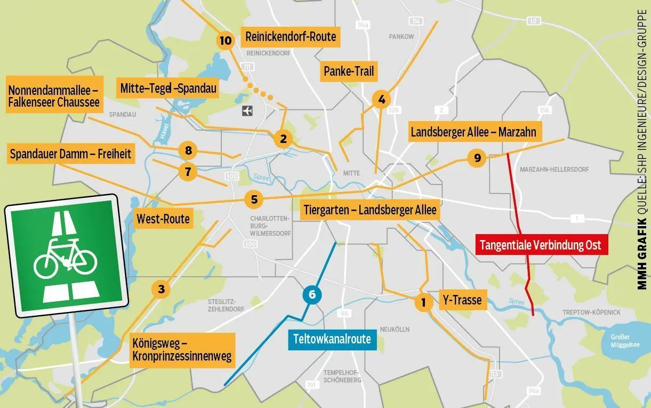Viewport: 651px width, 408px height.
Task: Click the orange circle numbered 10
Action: (226, 40)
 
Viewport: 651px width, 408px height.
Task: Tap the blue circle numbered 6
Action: (312, 294)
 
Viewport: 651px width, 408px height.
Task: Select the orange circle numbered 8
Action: (188, 150)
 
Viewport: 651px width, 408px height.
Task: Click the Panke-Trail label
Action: (349, 71)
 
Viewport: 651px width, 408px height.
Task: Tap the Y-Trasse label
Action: (462, 300)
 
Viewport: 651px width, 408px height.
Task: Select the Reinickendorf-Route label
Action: (291, 37)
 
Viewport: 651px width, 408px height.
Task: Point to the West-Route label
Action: (163, 219)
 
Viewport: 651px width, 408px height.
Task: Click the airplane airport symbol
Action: (247, 110)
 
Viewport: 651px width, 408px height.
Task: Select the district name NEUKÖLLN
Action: (395, 329)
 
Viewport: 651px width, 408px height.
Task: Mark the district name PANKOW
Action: (401, 37)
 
